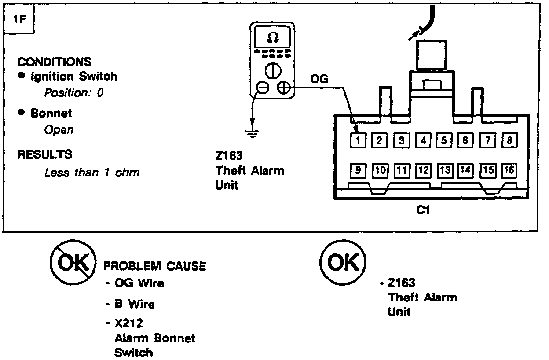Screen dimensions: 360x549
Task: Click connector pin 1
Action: [x=359, y=140]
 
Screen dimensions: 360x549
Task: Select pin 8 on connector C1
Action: [x=509, y=140]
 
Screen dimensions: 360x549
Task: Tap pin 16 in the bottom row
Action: [x=509, y=170]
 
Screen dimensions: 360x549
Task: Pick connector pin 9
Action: [x=359, y=170]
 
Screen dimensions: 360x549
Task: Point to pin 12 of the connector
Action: [x=423, y=170]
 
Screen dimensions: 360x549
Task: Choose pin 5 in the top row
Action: [x=444, y=140]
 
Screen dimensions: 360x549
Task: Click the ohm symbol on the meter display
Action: [x=273, y=38]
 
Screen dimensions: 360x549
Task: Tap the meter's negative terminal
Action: [x=263, y=88]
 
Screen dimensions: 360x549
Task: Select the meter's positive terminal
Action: [x=284, y=88]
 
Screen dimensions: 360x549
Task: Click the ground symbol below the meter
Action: [x=252, y=132]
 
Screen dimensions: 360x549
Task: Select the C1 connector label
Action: [x=423, y=210]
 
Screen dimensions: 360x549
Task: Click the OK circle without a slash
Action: [x=343, y=263]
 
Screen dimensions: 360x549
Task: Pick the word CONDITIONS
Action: [x=55, y=62]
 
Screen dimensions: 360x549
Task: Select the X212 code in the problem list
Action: [x=128, y=323]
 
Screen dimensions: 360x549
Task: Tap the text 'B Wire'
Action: [x=134, y=304]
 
